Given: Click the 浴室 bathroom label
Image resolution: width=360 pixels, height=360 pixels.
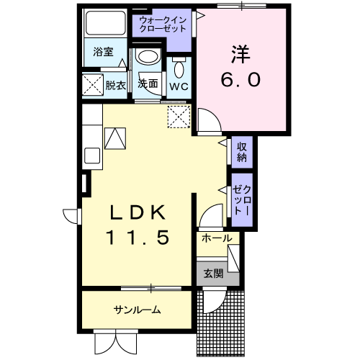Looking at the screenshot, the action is click(x=103, y=52).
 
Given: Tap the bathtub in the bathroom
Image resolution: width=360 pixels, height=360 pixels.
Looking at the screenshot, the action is click(x=106, y=23).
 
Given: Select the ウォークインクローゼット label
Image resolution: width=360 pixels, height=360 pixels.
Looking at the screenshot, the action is click(x=163, y=24).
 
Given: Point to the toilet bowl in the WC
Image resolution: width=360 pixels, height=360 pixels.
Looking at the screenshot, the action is click(x=179, y=68).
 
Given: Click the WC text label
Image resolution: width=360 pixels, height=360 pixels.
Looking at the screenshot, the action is click(x=179, y=86).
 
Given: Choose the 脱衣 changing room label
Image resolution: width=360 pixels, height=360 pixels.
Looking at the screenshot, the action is click(x=116, y=85).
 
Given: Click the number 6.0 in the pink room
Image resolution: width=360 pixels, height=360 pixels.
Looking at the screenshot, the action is click(x=240, y=80).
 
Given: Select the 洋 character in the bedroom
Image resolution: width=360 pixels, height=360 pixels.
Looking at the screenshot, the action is click(x=240, y=54).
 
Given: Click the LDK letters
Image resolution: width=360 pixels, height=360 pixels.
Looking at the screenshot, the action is click(x=138, y=212).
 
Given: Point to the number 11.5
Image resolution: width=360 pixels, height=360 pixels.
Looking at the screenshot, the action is click(x=138, y=238).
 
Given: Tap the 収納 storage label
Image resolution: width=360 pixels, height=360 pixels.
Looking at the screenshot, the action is click(x=242, y=152).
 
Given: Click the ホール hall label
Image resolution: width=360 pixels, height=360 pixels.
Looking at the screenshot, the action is click(x=217, y=238).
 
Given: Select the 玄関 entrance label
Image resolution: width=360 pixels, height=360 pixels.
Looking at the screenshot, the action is click(x=213, y=274).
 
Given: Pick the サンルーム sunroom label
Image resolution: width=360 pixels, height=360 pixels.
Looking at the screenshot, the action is click(x=137, y=310).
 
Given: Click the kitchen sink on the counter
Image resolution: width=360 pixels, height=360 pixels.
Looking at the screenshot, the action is click(x=92, y=156).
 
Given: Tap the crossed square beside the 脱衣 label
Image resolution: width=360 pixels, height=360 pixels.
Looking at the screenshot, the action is click(x=93, y=85).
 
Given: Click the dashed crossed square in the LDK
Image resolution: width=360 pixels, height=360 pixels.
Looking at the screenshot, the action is click(x=179, y=117).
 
